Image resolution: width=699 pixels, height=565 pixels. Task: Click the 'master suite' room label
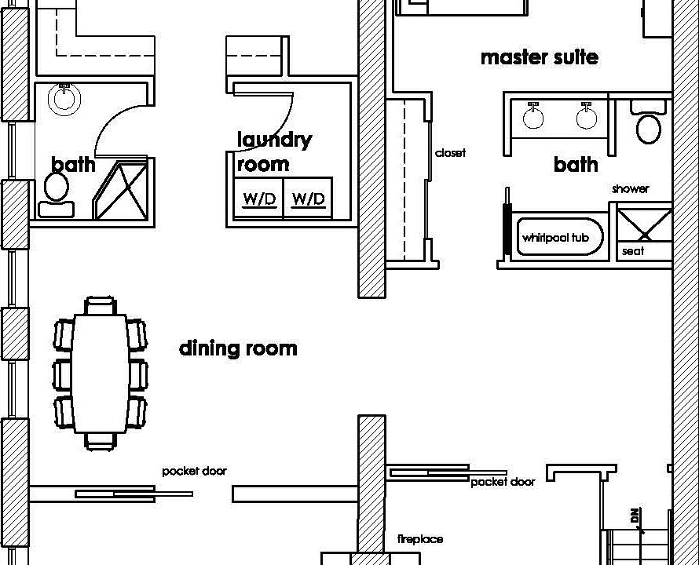click(x=540, y=57)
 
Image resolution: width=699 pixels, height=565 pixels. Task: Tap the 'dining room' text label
click(x=238, y=348)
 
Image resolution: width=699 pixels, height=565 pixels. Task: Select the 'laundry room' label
click(x=274, y=151)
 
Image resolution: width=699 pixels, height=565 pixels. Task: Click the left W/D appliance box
click(x=258, y=198)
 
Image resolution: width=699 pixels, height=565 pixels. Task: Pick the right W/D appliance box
click(x=308, y=198)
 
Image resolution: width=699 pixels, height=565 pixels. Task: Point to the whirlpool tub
click(x=559, y=237)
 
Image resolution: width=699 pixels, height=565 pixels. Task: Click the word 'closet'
click(x=450, y=153)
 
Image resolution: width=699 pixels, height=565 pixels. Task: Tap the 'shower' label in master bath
click(x=631, y=189)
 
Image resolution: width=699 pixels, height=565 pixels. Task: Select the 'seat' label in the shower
click(x=633, y=251)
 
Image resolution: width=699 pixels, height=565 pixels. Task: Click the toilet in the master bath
click(x=649, y=122)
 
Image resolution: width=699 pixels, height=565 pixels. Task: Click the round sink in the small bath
click(x=64, y=97)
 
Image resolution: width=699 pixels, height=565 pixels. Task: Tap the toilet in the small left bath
click(x=57, y=195)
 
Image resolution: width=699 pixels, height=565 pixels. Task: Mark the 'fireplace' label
click(x=420, y=539)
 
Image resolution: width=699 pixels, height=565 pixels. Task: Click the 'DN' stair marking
click(x=635, y=516)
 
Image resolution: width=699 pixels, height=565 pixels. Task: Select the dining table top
click(x=101, y=374)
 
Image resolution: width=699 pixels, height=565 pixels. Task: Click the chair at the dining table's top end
click(x=101, y=306)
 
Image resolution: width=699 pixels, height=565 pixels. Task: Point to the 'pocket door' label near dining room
click(x=194, y=471)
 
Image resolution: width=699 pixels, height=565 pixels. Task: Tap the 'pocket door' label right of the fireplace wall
click(x=503, y=482)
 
